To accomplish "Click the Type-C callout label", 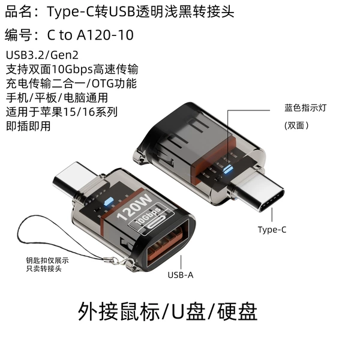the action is (272, 230).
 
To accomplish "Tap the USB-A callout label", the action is (181, 275).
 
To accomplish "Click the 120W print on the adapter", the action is (134, 207).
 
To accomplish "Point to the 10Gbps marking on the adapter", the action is (148, 216).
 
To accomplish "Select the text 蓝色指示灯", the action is (305, 108).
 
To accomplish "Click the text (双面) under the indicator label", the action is (296, 125).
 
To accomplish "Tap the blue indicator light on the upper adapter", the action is (227, 169).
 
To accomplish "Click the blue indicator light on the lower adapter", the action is (108, 201).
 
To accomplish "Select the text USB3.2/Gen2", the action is (42, 55).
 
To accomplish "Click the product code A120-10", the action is (105, 35).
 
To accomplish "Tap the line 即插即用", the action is (28, 126).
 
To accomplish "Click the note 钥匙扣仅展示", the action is (47, 260).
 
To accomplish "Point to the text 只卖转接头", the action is (44, 268).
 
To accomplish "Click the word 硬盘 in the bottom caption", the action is (237, 311).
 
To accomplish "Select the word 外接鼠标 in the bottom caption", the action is (118, 311).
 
